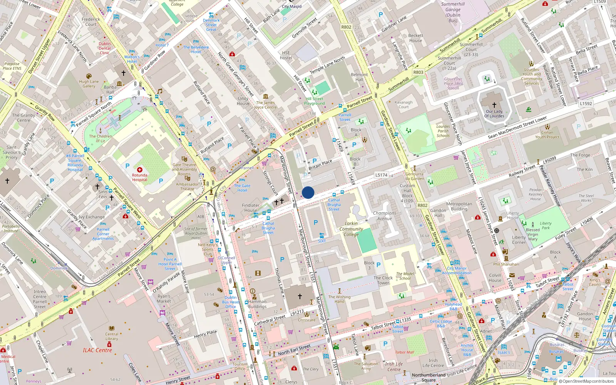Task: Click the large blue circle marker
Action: click(x=308, y=192)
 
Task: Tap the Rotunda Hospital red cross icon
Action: click(x=140, y=170)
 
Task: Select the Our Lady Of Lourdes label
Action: click(x=494, y=114)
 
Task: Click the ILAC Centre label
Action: click(x=97, y=350)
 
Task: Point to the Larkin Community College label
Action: click(x=351, y=229)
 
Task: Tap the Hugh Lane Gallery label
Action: click(x=89, y=84)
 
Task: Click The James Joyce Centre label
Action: click(x=265, y=105)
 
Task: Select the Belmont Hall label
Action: click(x=359, y=77)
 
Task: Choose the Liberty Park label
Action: click(x=546, y=226)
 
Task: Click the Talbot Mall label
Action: click(x=404, y=352)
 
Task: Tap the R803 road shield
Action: click(x=418, y=72)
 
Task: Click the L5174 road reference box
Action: click(x=381, y=175)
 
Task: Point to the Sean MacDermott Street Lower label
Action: click(x=517, y=127)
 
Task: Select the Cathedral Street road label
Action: click(x=270, y=320)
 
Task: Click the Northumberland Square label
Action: click(x=429, y=377)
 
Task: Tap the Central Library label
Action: click(x=112, y=336)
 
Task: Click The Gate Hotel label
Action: click(x=242, y=188)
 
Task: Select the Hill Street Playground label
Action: click(x=315, y=101)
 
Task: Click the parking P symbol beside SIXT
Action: click(x=316, y=223)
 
